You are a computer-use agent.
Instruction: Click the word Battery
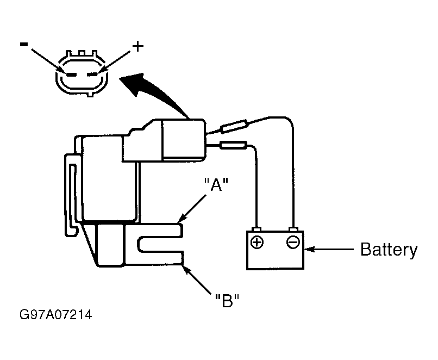coord(389,250)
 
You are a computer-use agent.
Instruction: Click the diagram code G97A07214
coord(56,315)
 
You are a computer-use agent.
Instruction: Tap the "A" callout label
coord(216,184)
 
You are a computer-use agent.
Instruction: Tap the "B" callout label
coord(227,301)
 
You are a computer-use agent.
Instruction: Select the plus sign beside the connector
coord(137,46)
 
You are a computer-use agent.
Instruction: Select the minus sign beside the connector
coord(24,44)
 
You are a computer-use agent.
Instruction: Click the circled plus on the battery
coord(257,242)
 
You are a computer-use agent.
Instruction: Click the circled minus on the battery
coord(293,241)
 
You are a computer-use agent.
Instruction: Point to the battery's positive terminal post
coord(256,229)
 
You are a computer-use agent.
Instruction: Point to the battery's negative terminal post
coord(293,229)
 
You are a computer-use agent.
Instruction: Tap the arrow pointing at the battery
coord(329,249)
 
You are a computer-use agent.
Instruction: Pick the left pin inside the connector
coord(72,75)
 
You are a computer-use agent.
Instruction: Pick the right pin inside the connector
coord(92,75)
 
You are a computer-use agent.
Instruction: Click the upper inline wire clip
coord(234,126)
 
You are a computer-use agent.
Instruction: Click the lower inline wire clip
coord(233,145)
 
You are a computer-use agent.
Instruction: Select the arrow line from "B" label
coord(196,280)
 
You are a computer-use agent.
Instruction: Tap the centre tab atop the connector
coord(82,53)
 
